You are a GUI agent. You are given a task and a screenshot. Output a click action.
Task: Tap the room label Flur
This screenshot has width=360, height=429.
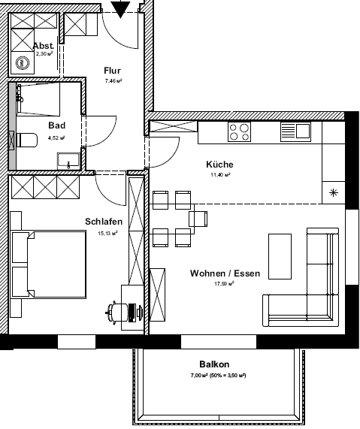112,71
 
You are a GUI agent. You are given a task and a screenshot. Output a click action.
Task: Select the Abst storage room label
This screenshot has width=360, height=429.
44,46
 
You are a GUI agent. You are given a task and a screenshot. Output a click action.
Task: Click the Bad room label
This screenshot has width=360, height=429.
56,125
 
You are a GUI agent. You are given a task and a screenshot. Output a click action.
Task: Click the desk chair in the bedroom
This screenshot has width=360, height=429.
119,310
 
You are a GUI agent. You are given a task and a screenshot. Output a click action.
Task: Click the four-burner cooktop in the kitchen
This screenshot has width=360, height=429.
240,131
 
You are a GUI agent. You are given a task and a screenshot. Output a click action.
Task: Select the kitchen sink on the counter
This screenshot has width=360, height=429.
295,131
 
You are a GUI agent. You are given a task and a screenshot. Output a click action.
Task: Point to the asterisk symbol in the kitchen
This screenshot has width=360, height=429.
334,193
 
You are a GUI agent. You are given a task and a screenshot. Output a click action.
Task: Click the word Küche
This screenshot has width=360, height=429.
219,165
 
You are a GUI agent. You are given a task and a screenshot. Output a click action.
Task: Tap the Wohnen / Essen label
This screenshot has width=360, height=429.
225,273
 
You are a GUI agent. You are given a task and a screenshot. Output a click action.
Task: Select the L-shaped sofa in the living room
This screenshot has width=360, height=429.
316,289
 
